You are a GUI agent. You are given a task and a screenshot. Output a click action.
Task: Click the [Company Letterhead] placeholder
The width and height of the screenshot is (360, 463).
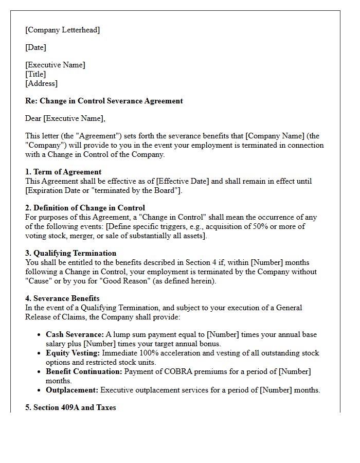click(x=62, y=30)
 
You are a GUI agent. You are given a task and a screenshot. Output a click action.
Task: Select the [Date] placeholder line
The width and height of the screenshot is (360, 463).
click(x=35, y=47)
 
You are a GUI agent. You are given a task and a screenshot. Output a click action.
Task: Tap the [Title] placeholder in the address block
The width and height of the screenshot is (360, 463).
click(x=35, y=74)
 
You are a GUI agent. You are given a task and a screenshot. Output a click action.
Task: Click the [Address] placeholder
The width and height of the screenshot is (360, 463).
click(x=41, y=83)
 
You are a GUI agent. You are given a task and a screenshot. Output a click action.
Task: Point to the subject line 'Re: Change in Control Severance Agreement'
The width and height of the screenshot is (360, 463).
click(x=104, y=101)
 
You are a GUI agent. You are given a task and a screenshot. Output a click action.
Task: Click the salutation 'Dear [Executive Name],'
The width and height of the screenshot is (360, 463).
click(x=65, y=118)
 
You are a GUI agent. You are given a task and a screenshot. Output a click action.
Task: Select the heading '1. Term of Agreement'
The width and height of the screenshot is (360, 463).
click(x=63, y=172)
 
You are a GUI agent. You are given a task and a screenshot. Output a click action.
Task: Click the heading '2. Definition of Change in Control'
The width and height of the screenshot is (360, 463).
click(x=85, y=208)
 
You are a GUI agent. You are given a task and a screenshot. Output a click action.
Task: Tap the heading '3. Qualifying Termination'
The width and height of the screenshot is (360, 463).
click(x=70, y=253)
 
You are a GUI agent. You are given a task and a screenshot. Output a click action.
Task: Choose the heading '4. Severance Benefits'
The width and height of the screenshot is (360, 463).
click(x=62, y=298)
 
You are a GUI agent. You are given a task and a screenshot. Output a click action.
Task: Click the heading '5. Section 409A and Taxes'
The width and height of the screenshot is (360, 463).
click(x=70, y=407)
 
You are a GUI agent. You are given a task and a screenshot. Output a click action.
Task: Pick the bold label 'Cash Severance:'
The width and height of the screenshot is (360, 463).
click(x=75, y=334)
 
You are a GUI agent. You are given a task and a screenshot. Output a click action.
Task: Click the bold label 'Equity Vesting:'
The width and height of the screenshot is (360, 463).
click(x=73, y=353)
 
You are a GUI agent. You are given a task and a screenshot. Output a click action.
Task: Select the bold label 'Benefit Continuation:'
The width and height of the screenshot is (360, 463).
click(x=84, y=371)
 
